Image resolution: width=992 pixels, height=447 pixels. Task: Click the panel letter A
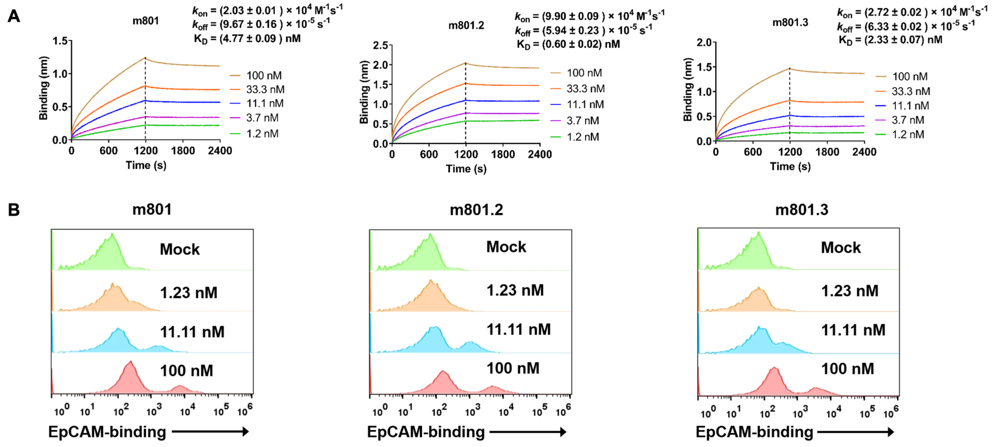tap(14, 16)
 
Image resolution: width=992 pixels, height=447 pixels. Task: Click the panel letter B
tap(14, 210)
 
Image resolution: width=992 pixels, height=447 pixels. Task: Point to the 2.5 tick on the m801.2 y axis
tap(380, 45)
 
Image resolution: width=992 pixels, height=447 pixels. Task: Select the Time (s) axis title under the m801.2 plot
tap(466, 169)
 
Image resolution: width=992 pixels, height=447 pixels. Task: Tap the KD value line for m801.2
tap(568, 44)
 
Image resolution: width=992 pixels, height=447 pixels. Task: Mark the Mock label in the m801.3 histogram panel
tap(840, 248)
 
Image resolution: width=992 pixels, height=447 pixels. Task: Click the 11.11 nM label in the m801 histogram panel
tap(192, 332)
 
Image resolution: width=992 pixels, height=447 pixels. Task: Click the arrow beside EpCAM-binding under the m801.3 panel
tap(855, 432)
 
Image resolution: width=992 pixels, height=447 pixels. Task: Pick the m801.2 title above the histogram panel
tap(476, 210)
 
